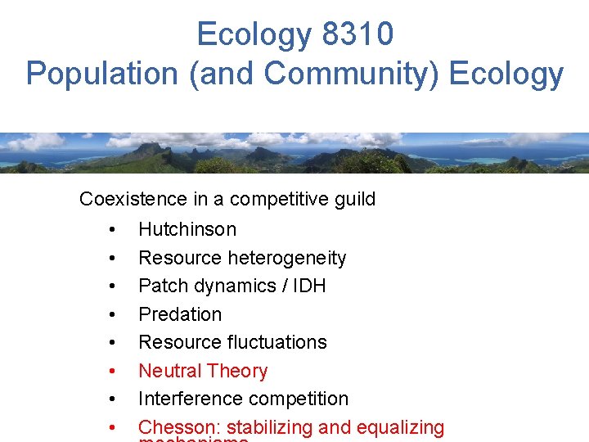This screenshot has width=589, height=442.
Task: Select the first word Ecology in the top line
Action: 254,34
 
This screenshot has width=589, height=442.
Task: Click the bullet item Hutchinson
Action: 187,229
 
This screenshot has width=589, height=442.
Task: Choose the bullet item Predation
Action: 180,314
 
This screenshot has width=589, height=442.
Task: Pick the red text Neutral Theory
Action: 203,371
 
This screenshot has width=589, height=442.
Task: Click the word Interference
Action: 186,399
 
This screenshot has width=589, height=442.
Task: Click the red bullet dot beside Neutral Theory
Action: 111,372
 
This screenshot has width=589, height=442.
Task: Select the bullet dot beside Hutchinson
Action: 111,230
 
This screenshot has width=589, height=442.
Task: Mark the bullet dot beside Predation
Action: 111,315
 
